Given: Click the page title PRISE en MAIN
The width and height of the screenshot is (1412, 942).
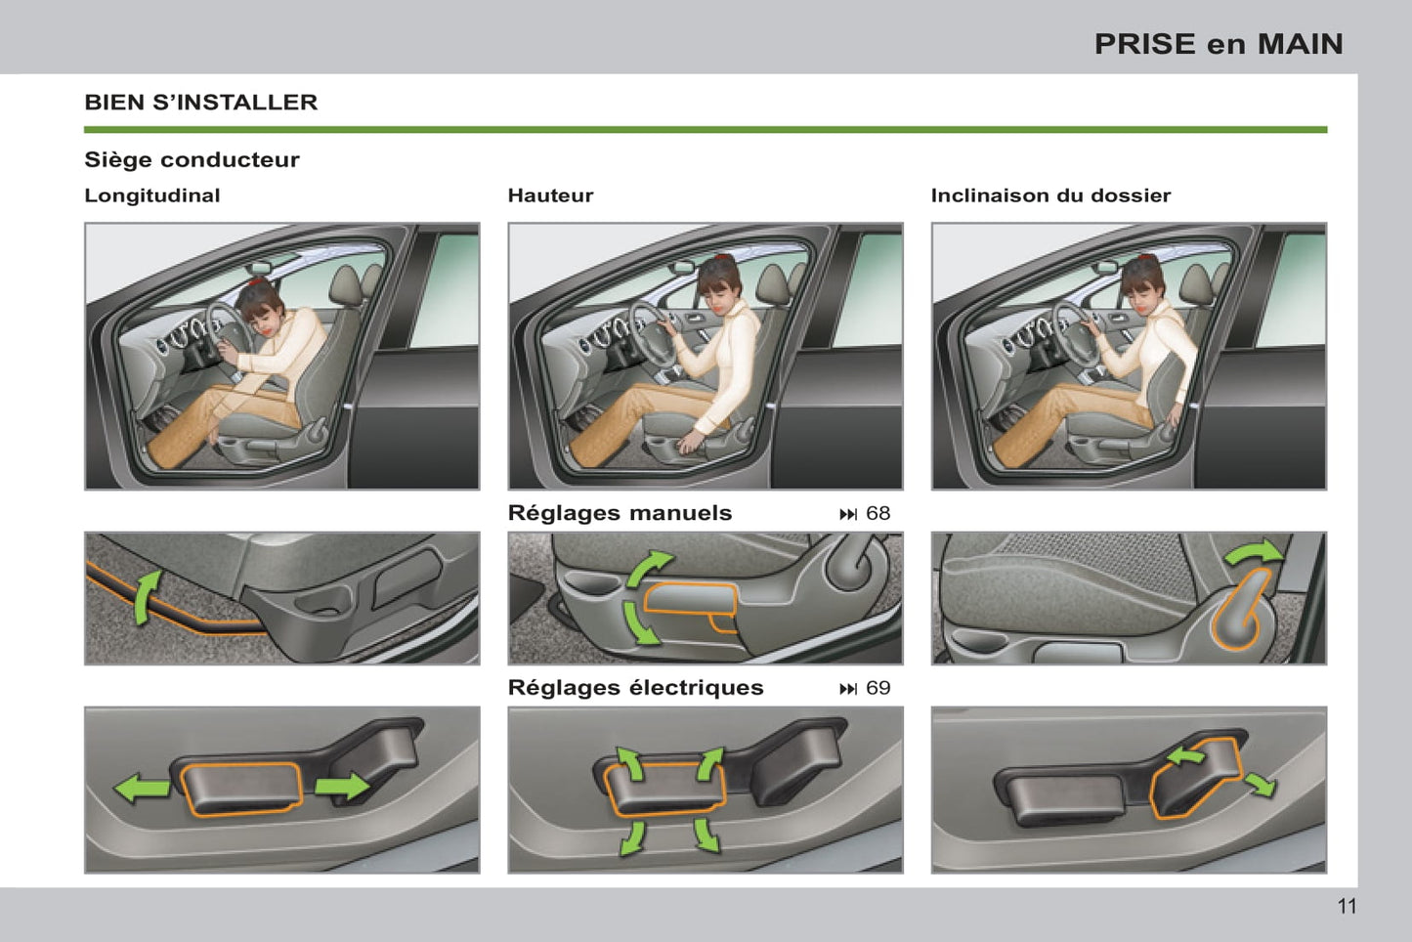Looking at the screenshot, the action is click(1219, 44).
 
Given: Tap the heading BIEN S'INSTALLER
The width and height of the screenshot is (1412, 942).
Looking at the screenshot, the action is click(201, 103).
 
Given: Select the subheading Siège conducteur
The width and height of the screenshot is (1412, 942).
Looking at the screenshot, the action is click(192, 159).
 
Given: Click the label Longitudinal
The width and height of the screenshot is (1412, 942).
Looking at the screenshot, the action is click(151, 195).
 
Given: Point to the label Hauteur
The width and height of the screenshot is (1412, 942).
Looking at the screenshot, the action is click(550, 195).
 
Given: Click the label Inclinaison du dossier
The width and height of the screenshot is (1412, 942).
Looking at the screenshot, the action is click(1050, 195).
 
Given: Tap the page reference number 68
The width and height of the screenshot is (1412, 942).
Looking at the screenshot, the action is click(878, 513).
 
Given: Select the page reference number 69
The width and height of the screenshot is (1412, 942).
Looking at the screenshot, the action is click(878, 688).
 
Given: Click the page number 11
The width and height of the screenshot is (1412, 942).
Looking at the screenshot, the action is click(1347, 906).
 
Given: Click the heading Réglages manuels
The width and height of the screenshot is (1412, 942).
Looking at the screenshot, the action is click(620, 513).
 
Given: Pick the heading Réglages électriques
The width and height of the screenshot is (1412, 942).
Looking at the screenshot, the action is click(635, 688).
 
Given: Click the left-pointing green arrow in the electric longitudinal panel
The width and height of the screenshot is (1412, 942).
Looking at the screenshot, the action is click(142, 789).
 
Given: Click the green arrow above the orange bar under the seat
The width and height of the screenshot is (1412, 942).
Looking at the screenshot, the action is click(147, 597).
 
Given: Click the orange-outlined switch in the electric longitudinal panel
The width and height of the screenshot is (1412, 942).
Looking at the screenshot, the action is click(241, 790).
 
